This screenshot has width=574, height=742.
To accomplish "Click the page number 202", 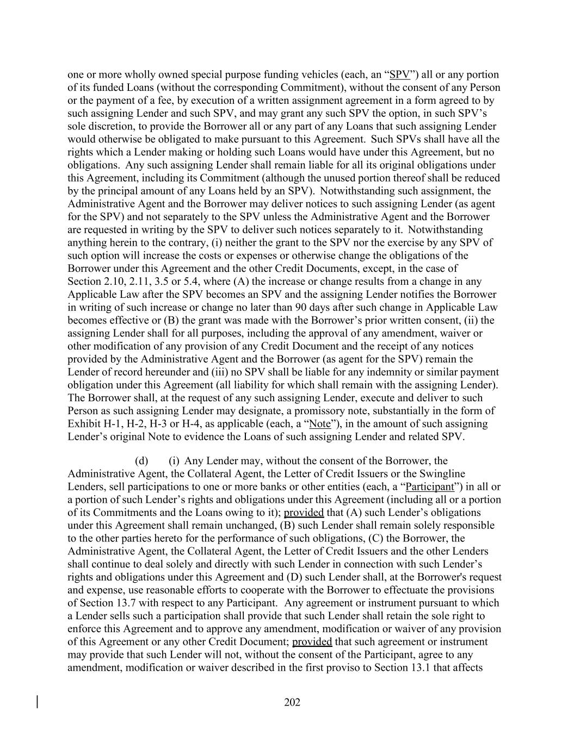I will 292,702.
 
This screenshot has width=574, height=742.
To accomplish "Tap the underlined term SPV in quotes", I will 400,75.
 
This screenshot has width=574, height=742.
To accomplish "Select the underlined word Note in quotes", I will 319,424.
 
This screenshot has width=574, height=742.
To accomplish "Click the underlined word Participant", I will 430,487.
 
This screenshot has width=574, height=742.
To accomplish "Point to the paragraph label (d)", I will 142,461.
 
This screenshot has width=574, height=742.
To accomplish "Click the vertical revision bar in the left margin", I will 37,702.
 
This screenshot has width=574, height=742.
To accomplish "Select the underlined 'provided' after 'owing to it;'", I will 304,513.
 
